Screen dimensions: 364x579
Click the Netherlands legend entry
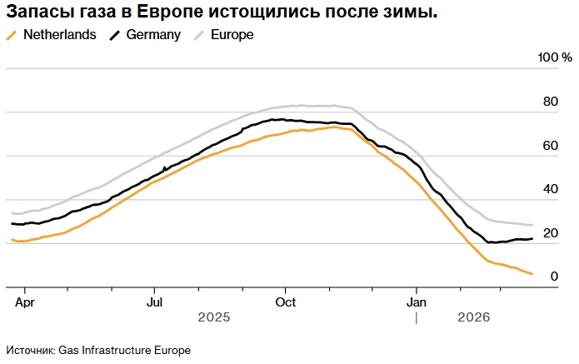point(60,35)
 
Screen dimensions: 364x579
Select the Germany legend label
point(153,35)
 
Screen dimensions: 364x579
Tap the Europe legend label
point(232,35)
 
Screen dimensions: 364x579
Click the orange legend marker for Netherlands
point(11,35)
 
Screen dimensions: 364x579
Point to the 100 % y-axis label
point(555,57)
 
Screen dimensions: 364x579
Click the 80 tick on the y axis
point(550,102)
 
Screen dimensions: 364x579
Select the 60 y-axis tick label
point(550,145)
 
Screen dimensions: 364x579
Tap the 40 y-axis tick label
point(550,189)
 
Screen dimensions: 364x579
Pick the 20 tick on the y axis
point(550,232)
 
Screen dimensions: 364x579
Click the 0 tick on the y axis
point(553,276)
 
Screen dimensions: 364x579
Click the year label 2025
point(213,317)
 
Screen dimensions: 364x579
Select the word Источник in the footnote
point(29,350)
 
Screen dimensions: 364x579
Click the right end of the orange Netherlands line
point(532,274)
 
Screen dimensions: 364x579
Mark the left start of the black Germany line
point(12,223)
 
